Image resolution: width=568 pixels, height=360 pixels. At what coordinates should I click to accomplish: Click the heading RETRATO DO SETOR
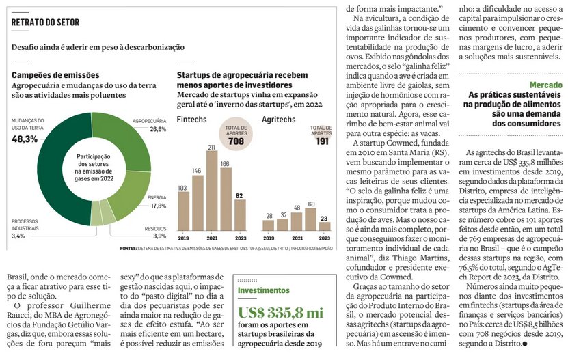click(x=45, y=22)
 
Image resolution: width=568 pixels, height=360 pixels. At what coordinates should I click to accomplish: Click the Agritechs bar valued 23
click(x=325, y=226)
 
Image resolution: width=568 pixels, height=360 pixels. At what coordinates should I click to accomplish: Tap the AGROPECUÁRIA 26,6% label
click(x=149, y=124)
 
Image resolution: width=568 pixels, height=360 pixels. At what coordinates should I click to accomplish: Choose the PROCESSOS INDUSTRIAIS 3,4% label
click(x=28, y=229)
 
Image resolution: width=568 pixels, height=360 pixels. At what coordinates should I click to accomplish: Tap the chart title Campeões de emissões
click(x=55, y=74)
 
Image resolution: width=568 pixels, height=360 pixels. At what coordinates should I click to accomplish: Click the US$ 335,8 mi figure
click(x=280, y=313)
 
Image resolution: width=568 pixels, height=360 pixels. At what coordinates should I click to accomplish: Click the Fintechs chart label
click(x=192, y=119)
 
